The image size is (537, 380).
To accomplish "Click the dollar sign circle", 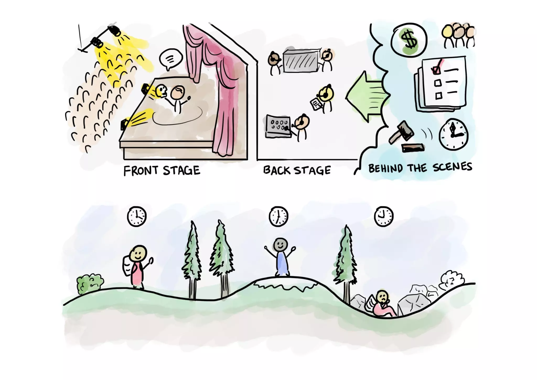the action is pos(409,40).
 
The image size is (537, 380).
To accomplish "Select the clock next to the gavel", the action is pos(453,134).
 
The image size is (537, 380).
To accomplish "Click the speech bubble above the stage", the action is pos(171,59).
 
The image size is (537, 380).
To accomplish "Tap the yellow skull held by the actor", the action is pos(161,91).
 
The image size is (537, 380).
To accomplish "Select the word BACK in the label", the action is pos(277,170).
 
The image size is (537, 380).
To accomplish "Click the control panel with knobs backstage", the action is pos(278,126).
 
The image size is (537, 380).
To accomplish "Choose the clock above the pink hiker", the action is pos(137,216).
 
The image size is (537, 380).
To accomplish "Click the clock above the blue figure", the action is pos(278,216).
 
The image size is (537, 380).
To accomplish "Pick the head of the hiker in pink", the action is pos(138,253).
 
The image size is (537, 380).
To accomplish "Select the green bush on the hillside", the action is pos(89,284).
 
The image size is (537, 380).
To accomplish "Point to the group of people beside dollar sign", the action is pos(458,35).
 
